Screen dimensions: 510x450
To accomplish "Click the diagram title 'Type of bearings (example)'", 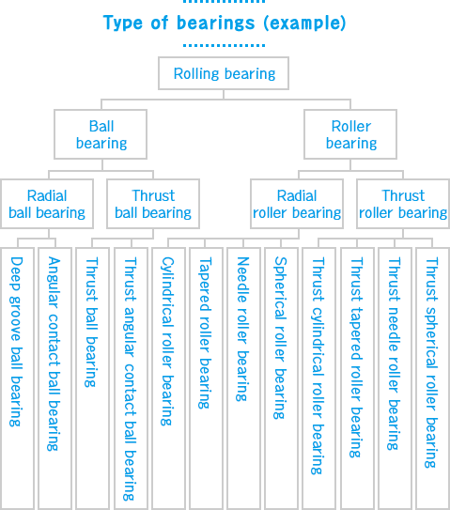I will (224, 23).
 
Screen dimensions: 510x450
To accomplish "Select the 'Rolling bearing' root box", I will (225, 73).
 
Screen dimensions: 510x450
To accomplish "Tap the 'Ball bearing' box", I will (101, 134).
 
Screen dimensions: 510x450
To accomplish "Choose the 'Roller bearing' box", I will (350, 134).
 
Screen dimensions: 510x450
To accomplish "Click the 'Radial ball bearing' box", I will (47, 205).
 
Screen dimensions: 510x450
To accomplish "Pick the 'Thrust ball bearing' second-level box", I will (153, 205).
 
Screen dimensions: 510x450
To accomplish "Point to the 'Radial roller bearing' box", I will (297, 205).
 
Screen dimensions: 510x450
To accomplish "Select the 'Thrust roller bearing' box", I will (403, 205).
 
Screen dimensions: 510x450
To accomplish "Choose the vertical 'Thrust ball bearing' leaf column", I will (92, 324).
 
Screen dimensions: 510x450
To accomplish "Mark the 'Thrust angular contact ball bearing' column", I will (130, 376).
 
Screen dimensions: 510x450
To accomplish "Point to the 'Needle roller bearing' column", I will (243, 329).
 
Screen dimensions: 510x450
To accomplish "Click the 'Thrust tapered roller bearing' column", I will (356, 357).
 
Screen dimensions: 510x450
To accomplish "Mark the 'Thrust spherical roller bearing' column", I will (431, 362).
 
